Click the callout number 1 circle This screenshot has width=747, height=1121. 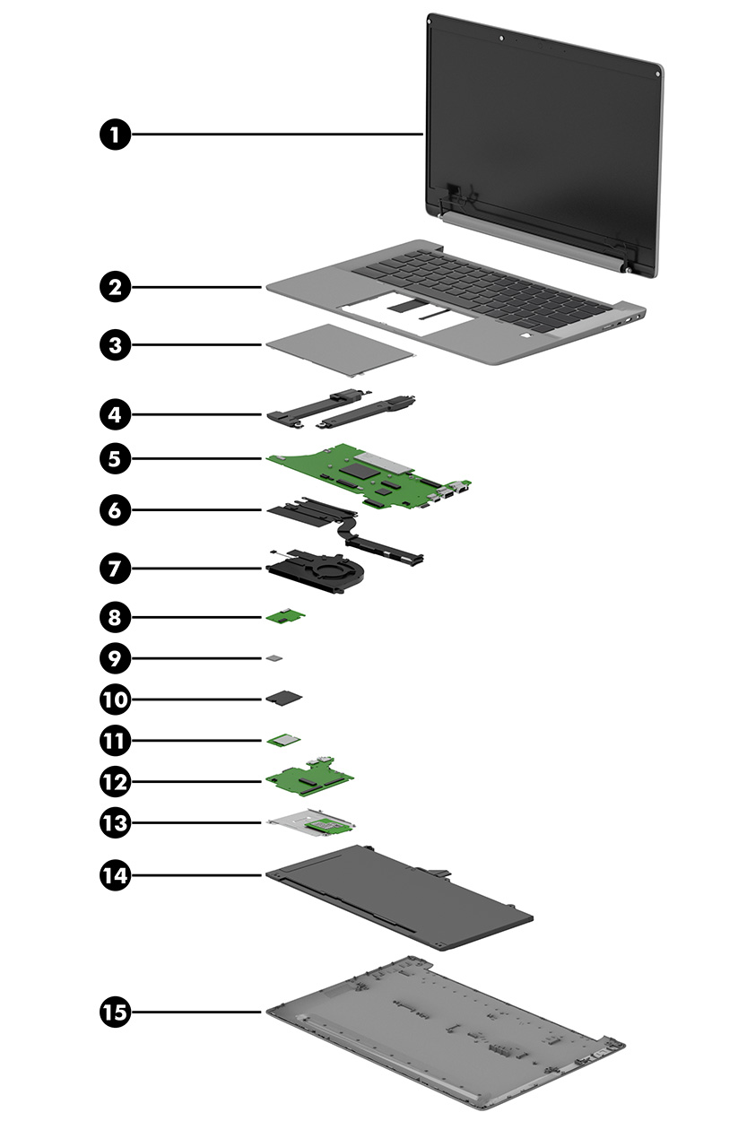[114, 135]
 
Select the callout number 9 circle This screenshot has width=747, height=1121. [114, 659]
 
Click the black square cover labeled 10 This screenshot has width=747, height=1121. [285, 697]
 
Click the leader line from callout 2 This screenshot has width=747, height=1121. [197, 287]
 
